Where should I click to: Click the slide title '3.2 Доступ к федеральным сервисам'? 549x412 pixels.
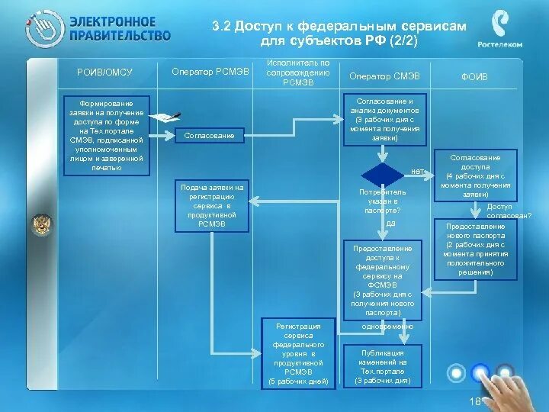[x=339, y=26]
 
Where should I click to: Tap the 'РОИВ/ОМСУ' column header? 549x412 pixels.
[x=104, y=72]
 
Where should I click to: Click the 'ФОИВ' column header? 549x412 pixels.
[x=474, y=76]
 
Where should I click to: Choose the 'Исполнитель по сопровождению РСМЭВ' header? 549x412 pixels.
[x=297, y=72]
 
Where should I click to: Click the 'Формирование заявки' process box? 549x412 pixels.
[x=107, y=135]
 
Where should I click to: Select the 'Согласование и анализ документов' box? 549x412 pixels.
[x=385, y=120]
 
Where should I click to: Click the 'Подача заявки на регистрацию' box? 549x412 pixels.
[x=212, y=205]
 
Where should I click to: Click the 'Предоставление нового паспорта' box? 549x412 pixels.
[x=475, y=249]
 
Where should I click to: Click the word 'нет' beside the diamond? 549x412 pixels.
[x=417, y=171]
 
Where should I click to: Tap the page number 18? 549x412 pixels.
[x=474, y=401]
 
